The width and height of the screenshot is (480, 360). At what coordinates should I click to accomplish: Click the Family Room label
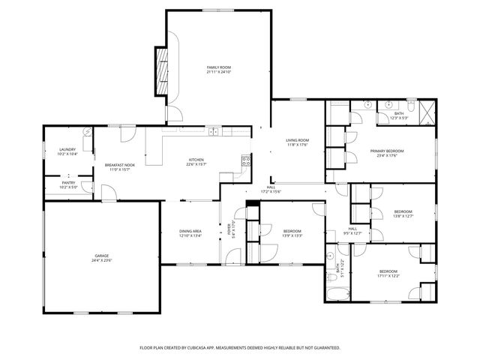[x=218, y=67]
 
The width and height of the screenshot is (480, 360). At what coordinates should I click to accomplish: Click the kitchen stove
[x=244, y=160]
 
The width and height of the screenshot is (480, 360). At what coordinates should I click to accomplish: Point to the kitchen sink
[x=213, y=132]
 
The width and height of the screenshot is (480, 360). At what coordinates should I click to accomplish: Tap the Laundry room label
[x=67, y=150]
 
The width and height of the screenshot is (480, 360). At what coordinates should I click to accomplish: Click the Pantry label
[x=67, y=182]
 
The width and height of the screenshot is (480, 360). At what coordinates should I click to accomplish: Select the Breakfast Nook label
[x=120, y=165]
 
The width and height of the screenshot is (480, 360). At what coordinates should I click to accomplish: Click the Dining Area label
[x=190, y=231]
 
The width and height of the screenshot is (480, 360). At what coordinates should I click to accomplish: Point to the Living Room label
[x=298, y=140]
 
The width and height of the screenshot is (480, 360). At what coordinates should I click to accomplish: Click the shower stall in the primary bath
[x=427, y=112]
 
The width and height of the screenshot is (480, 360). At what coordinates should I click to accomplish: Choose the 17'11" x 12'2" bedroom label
[x=388, y=271]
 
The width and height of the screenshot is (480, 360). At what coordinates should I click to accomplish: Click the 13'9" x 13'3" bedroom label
[x=292, y=230]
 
